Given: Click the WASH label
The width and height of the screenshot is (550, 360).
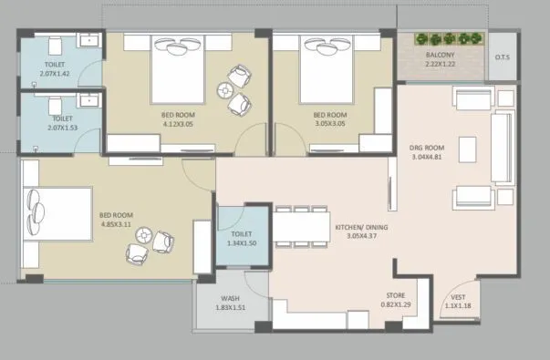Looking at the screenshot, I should pos(229,299).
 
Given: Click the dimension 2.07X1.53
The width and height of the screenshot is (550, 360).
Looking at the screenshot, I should pos(61,128).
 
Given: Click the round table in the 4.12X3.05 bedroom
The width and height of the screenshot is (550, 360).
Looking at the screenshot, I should pos(225,90).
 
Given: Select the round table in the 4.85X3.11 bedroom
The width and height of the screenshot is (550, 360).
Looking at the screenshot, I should pos(144,237).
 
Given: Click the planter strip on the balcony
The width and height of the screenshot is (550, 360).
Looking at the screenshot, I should pos(446,40).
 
